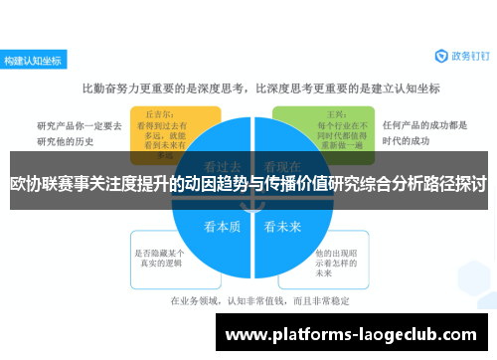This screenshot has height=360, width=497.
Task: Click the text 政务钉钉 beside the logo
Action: [x=466, y=58]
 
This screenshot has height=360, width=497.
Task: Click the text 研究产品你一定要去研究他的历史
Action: [x=80, y=133]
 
